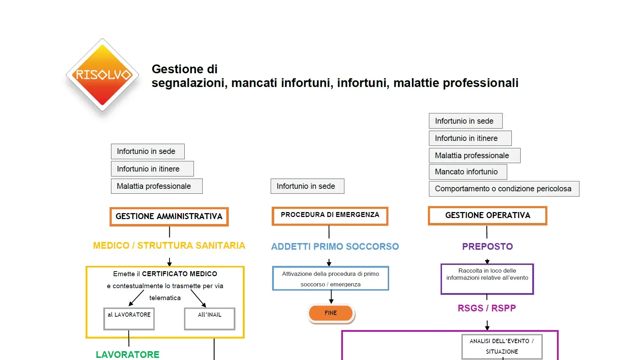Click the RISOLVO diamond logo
pos(102,75)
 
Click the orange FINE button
pos(331,313)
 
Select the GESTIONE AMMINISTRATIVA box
pos(169,216)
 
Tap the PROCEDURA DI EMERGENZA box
pos(330,216)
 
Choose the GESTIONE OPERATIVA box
pos(487,216)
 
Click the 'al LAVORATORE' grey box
pos(129,318)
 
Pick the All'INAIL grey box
pos(209,318)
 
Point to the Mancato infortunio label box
pos(468,172)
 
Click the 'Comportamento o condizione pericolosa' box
pos(504,189)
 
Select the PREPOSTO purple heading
pos(487,246)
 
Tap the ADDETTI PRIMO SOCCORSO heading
pos(335,246)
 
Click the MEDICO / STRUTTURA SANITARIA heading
pos(169,246)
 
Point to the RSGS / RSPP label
pos(486,308)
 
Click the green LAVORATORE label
pos(128,354)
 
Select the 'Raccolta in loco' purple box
pos(487,279)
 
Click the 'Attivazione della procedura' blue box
pos(330,278)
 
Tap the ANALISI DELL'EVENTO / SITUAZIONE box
pos(502,346)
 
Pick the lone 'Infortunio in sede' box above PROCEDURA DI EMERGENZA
pos(307,186)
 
